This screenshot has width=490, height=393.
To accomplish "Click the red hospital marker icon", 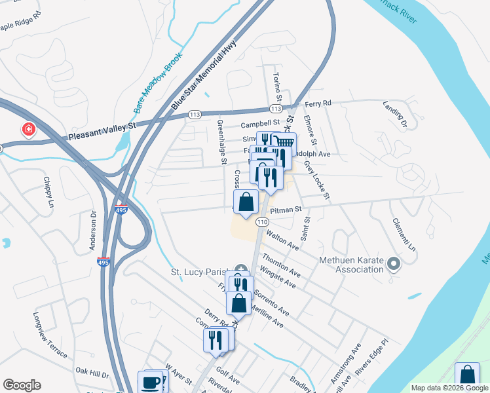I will pyautogui.click(x=28, y=130).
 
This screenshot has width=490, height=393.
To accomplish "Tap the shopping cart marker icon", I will pyautogui.click(x=284, y=143).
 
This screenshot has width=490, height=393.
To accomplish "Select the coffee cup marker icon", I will pyautogui.click(x=150, y=382).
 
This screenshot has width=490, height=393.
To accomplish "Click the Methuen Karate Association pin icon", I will pyautogui.click(x=393, y=265).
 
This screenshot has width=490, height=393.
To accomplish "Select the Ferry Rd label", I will pyautogui.click(x=318, y=103).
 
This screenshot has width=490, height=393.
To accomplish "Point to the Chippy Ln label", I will pyautogui.click(x=48, y=192).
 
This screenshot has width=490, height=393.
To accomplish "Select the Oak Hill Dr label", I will pyautogui.click(x=91, y=374).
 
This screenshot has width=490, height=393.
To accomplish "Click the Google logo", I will pyautogui.click(x=22, y=385).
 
